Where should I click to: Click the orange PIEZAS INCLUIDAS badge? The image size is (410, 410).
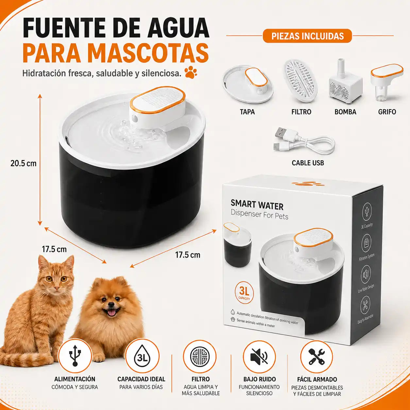(307, 36)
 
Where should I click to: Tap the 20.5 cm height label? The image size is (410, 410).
(24, 163)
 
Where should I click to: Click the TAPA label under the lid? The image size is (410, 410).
(247, 112)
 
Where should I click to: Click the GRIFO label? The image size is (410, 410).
(387, 112)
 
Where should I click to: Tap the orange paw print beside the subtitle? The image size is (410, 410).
(191, 72)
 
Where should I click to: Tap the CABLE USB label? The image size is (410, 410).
(308, 163)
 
